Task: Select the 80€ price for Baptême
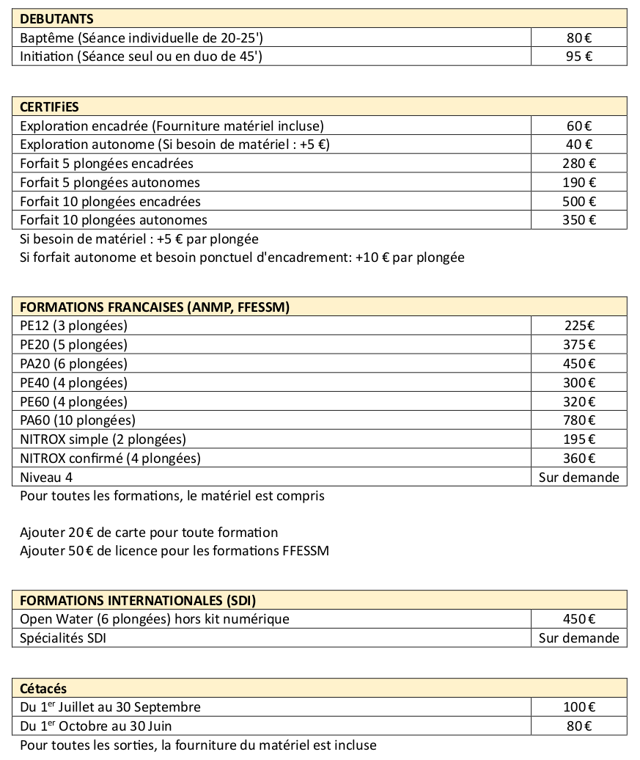click(579, 38)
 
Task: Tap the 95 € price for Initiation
click(579, 56)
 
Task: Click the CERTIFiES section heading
click(49, 107)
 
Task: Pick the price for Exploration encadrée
click(579, 126)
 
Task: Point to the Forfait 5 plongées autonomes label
click(110, 183)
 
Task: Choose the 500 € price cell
click(579, 202)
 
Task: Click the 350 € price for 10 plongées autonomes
click(579, 220)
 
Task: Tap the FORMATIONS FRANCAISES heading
click(155, 307)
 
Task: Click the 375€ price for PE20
click(579, 345)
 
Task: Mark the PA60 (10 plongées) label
click(78, 420)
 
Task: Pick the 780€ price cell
click(579, 420)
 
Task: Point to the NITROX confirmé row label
click(110, 458)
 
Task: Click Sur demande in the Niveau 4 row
click(579, 478)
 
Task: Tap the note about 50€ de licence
click(174, 551)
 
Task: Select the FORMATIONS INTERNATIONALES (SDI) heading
click(138, 600)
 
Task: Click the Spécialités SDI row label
click(63, 638)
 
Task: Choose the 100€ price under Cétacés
click(579, 707)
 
